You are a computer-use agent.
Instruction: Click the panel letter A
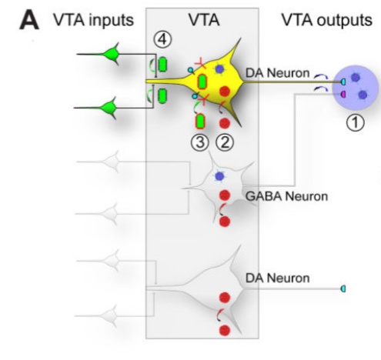[29, 21]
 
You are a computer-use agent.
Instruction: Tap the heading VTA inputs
[93, 20]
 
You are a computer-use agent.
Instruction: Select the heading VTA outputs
[326, 20]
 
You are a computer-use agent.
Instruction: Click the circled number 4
[162, 40]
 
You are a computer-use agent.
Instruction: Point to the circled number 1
[356, 122]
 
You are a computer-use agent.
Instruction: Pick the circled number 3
[200, 142]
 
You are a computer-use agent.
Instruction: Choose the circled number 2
[225, 142]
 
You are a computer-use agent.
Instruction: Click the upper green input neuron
[112, 54]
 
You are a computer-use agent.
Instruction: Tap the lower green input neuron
[109, 108]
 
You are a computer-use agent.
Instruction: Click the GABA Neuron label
[286, 196]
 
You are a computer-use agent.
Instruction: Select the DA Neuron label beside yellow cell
[277, 73]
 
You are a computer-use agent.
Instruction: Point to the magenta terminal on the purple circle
[343, 95]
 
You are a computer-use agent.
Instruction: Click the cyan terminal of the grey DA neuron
[343, 288]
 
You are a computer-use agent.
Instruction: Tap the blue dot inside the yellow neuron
[219, 68]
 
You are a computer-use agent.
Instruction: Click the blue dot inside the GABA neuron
[219, 176]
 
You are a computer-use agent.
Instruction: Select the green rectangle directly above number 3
[201, 122]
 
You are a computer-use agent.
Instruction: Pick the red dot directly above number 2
[225, 123]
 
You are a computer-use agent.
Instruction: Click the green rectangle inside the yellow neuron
[202, 82]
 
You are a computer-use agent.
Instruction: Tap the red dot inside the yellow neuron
[225, 92]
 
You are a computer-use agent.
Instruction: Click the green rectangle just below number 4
[162, 65]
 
